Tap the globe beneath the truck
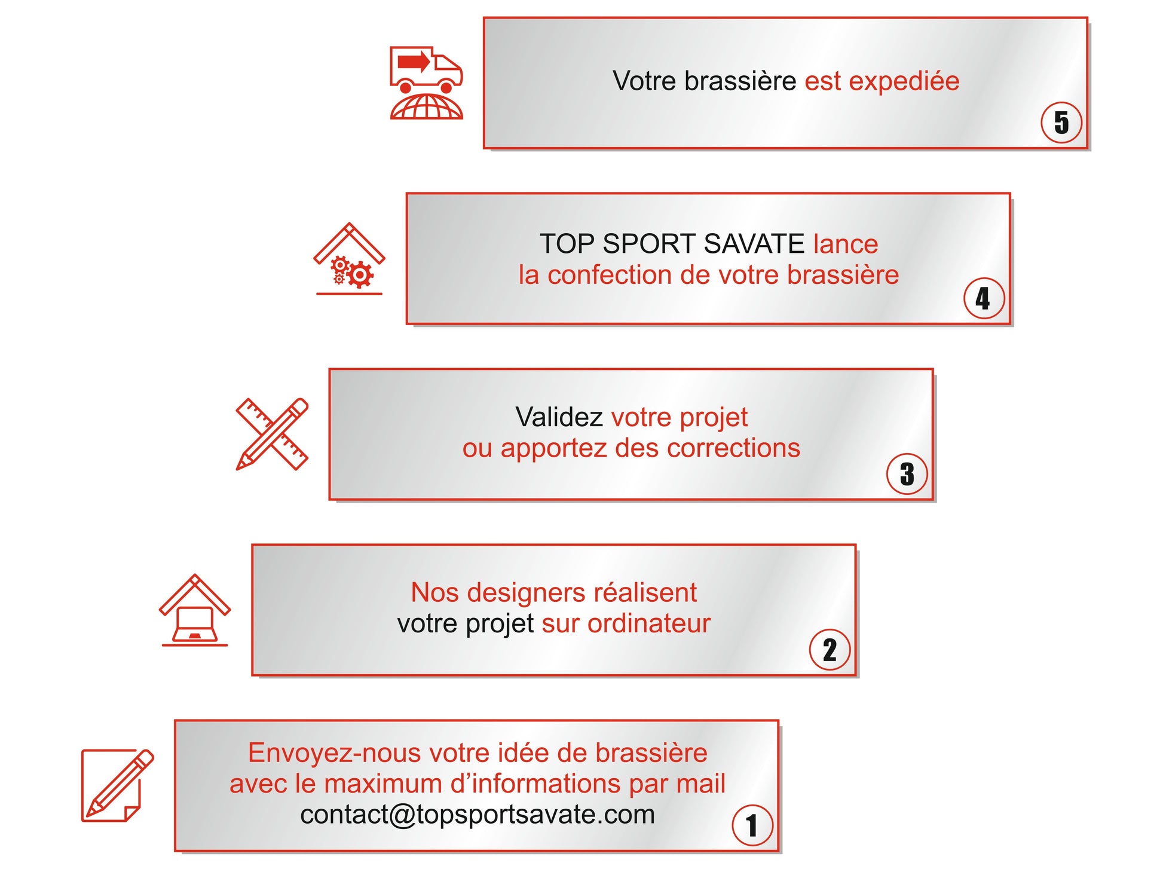pyautogui.click(x=426, y=108)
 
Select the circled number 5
pyautogui.click(x=1061, y=123)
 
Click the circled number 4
pyautogui.click(x=984, y=298)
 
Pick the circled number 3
pyautogui.click(x=907, y=474)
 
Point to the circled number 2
pyautogui.click(x=830, y=650)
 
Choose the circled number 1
pyautogui.click(x=752, y=825)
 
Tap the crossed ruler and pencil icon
pyautogui.click(x=272, y=434)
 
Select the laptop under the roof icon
pyautogui.click(x=195, y=624)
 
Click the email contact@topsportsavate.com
pyautogui.click(x=478, y=815)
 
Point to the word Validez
pyautogui.click(x=559, y=417)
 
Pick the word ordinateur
pyautogui.click(x=649, y=624)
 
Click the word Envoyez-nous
pyautogui.click(x=335, y=753)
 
